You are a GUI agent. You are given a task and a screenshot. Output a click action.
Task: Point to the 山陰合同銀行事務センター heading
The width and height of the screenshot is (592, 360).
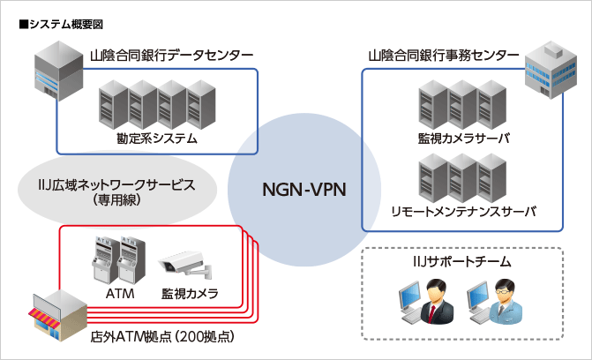coord(443,55)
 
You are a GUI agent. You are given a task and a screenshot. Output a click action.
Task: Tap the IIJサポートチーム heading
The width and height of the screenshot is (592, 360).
coord(462,262)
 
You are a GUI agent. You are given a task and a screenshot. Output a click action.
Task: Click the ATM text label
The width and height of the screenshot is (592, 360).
coord(117,293)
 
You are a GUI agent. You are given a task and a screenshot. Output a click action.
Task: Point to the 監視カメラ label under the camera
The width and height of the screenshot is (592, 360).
coord(189,293)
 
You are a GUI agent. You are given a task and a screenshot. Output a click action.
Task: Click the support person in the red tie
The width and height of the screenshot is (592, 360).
coord(431,301)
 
